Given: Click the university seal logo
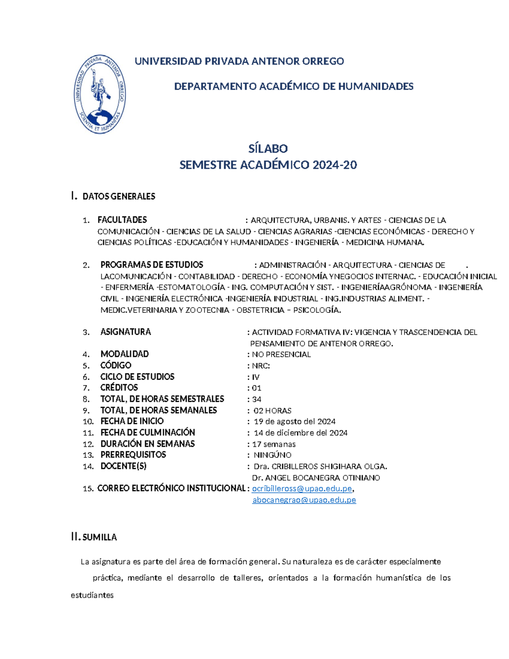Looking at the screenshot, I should [100, 94].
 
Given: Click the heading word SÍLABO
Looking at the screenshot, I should [268, 149].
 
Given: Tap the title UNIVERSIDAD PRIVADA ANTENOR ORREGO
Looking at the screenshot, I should [239, 61].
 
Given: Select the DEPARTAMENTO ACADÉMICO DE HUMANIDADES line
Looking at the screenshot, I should [294, 87].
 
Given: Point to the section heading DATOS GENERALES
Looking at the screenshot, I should [119, 196].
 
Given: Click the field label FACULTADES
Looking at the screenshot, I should [122, 220].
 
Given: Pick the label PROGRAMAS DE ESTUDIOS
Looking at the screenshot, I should [151, 265].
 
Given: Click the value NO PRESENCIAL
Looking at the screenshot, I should [281, 354].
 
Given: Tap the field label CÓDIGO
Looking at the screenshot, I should [116, 365].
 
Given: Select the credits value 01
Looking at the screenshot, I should [257, 388].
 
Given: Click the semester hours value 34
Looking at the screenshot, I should [257, 399].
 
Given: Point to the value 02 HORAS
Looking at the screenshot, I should [272, 411].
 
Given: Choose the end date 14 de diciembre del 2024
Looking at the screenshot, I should [300, 433].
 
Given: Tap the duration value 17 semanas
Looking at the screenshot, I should [274, 444].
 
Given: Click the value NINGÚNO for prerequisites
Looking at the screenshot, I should [272, 455].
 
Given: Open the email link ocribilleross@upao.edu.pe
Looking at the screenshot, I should [302, 488].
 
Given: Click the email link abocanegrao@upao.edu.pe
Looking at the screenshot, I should [304, 500].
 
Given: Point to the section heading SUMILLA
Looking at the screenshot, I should [100, 537].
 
